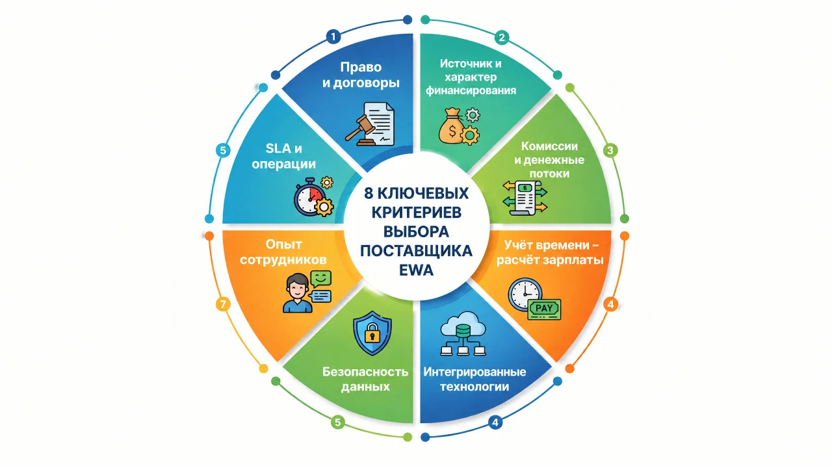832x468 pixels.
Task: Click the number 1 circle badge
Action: pos(333,36)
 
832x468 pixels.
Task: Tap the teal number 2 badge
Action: pos(502,38)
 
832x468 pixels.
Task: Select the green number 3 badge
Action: pos(610,150)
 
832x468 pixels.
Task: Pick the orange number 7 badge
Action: pos(223,305)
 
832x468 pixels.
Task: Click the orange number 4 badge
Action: pos(610,305)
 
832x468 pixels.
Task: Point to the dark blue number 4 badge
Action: pos(495,422)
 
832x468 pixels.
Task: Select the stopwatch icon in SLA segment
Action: pos(309,197)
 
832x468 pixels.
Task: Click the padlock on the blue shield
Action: pos(372,332)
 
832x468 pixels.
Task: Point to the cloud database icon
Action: pos(463,333)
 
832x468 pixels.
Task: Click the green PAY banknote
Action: pos(544,309)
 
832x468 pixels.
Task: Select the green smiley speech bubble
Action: pos(321,279)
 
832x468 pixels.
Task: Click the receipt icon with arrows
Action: pos(525,198)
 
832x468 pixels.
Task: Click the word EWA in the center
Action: pos(416,270)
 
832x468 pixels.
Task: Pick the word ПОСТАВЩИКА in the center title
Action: pos(416,251)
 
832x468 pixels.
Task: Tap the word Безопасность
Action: pos(365,372)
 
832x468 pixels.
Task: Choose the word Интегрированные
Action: pos(474,372)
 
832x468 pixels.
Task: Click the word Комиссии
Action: pos(549,146)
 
